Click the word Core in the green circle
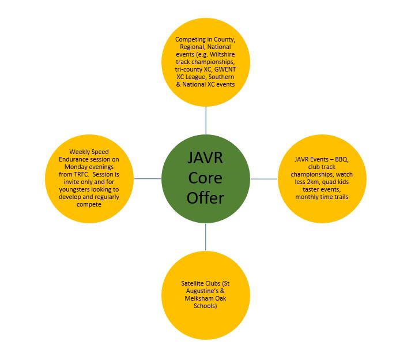pyautogui.click(x=205, y=178)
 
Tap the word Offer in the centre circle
pyautogui.click(x=205, y=198)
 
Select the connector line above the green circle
pyautogui.click(x=206, y=121)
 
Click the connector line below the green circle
pyautogui.click(x=205, y=237)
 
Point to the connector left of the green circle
pyautogui.click(x=148, y=179)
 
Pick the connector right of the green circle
pyautogui.click(x=264, y=179)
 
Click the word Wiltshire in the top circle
pyautogui.click(x=223, y=54)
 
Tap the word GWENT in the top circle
pyautogui.click(x=225, y=69)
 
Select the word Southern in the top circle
pyautogui.click(x=221, y=77)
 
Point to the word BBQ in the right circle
pyautogui.click(x=341, y=159)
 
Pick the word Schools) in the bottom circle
pyautogui.click(x=205, y=306)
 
